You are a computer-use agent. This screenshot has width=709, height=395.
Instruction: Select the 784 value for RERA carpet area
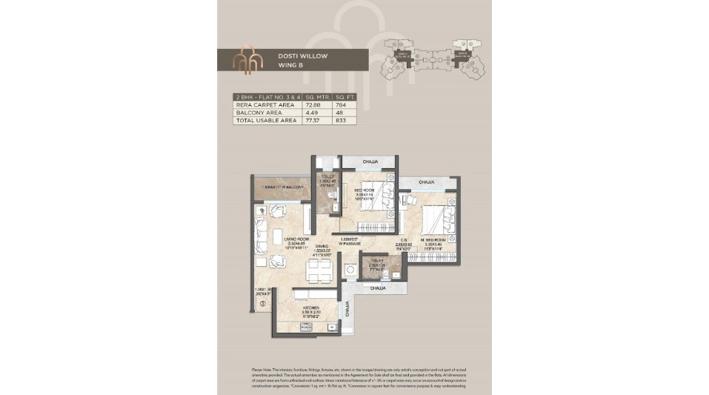pyautogui.click(x=340, y=105)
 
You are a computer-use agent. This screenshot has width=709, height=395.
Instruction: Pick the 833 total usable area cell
pyautogui.click(x=340, y=120)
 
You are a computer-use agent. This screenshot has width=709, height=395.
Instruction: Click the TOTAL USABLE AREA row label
pyautogui.click(x=263, y=120)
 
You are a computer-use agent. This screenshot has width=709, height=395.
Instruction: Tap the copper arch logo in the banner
pyautogui.click(x=247, y=60)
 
